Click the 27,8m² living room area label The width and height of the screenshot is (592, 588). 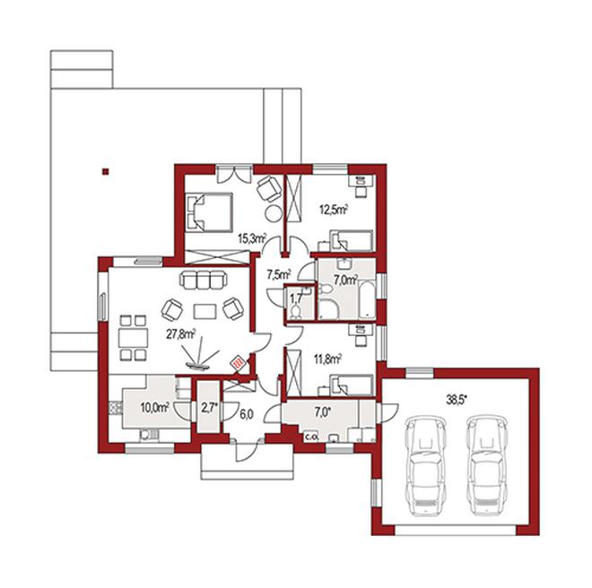click(x=181, y=334)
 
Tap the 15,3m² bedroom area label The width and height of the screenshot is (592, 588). click(x=253, y=238)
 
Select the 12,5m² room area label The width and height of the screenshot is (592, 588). click(x=334, y=210)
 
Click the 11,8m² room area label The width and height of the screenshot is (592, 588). click(x=327, y=359)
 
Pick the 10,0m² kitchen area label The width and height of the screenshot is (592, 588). click(x=154, y=408)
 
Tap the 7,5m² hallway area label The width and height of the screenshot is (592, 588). click(x=279, y=274)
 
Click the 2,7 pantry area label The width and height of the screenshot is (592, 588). click(x=209, y=408)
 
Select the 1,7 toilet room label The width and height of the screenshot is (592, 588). click(x=296, y=298)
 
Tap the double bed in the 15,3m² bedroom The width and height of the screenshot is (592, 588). click(x=209, y=212)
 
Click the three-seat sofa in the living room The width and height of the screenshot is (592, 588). click(x=204, y=280)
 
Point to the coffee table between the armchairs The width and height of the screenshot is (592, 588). click(x=205, y=311)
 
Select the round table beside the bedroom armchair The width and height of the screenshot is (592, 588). click(x=274, y=214)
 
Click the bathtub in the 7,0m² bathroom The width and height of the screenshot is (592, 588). click(x=366, y=299)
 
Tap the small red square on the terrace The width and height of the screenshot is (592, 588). click(x=106, y=172)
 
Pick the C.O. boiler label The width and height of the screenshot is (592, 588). click(x=312, y=437)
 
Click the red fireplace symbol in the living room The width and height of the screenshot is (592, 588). click(x=239, y=364)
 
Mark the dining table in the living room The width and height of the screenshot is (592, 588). click(x=133, y=338)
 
